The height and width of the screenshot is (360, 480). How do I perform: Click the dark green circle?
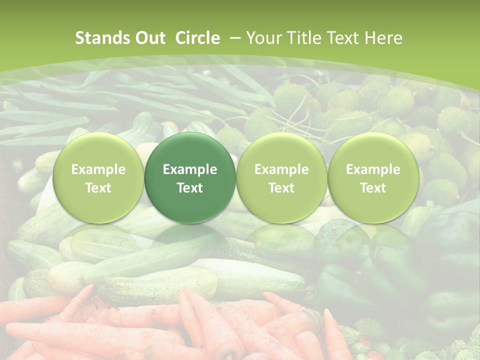[x=190, y=178]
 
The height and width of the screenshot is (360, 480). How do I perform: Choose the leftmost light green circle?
[x=98, y=178]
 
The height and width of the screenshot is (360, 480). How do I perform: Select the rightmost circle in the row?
[x=373, y=178]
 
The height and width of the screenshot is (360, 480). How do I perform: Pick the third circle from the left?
[x=281, y=178]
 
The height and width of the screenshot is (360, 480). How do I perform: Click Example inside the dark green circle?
[x=190, y=169]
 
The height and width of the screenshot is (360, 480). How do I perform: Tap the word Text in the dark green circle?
[x=190, y=188]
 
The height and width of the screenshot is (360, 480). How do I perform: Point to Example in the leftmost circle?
[x=98, y=169]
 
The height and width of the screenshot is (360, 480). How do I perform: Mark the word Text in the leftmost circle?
[x=98, y=188]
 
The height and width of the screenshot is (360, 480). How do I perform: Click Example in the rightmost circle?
[x=373, y=169]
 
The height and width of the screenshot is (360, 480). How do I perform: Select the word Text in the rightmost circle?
[x=373, y=188]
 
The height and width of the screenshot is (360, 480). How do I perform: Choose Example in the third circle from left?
[x=281, y=169]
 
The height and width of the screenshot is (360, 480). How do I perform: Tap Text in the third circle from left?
[x=281, y=188]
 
